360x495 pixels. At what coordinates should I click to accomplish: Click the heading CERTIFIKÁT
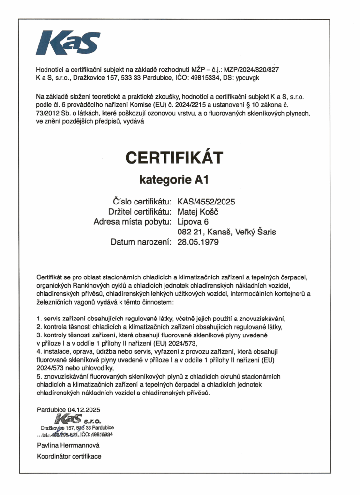coord(175,158)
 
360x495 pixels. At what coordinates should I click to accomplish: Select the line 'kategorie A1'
coord(174,180)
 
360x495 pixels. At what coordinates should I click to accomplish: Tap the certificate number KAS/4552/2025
coord(206,202)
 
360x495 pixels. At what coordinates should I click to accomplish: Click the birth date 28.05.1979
coord(198,242)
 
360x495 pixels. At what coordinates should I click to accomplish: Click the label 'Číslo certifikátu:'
coord(142,202)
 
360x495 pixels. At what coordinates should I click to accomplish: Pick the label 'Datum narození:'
coord(141,242)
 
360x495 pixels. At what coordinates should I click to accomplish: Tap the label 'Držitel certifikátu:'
coord(140,212)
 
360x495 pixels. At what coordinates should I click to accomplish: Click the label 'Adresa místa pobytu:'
coord(133,222)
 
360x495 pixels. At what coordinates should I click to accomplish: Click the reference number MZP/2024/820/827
coord(252,69)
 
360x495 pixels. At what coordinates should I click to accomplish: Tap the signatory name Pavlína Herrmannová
coord(68,445)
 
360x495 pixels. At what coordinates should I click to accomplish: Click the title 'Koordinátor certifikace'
coord(69,456)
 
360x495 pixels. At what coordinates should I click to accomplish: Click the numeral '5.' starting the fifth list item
coord(39,376)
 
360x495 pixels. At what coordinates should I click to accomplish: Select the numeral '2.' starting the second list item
coord(39,327)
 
